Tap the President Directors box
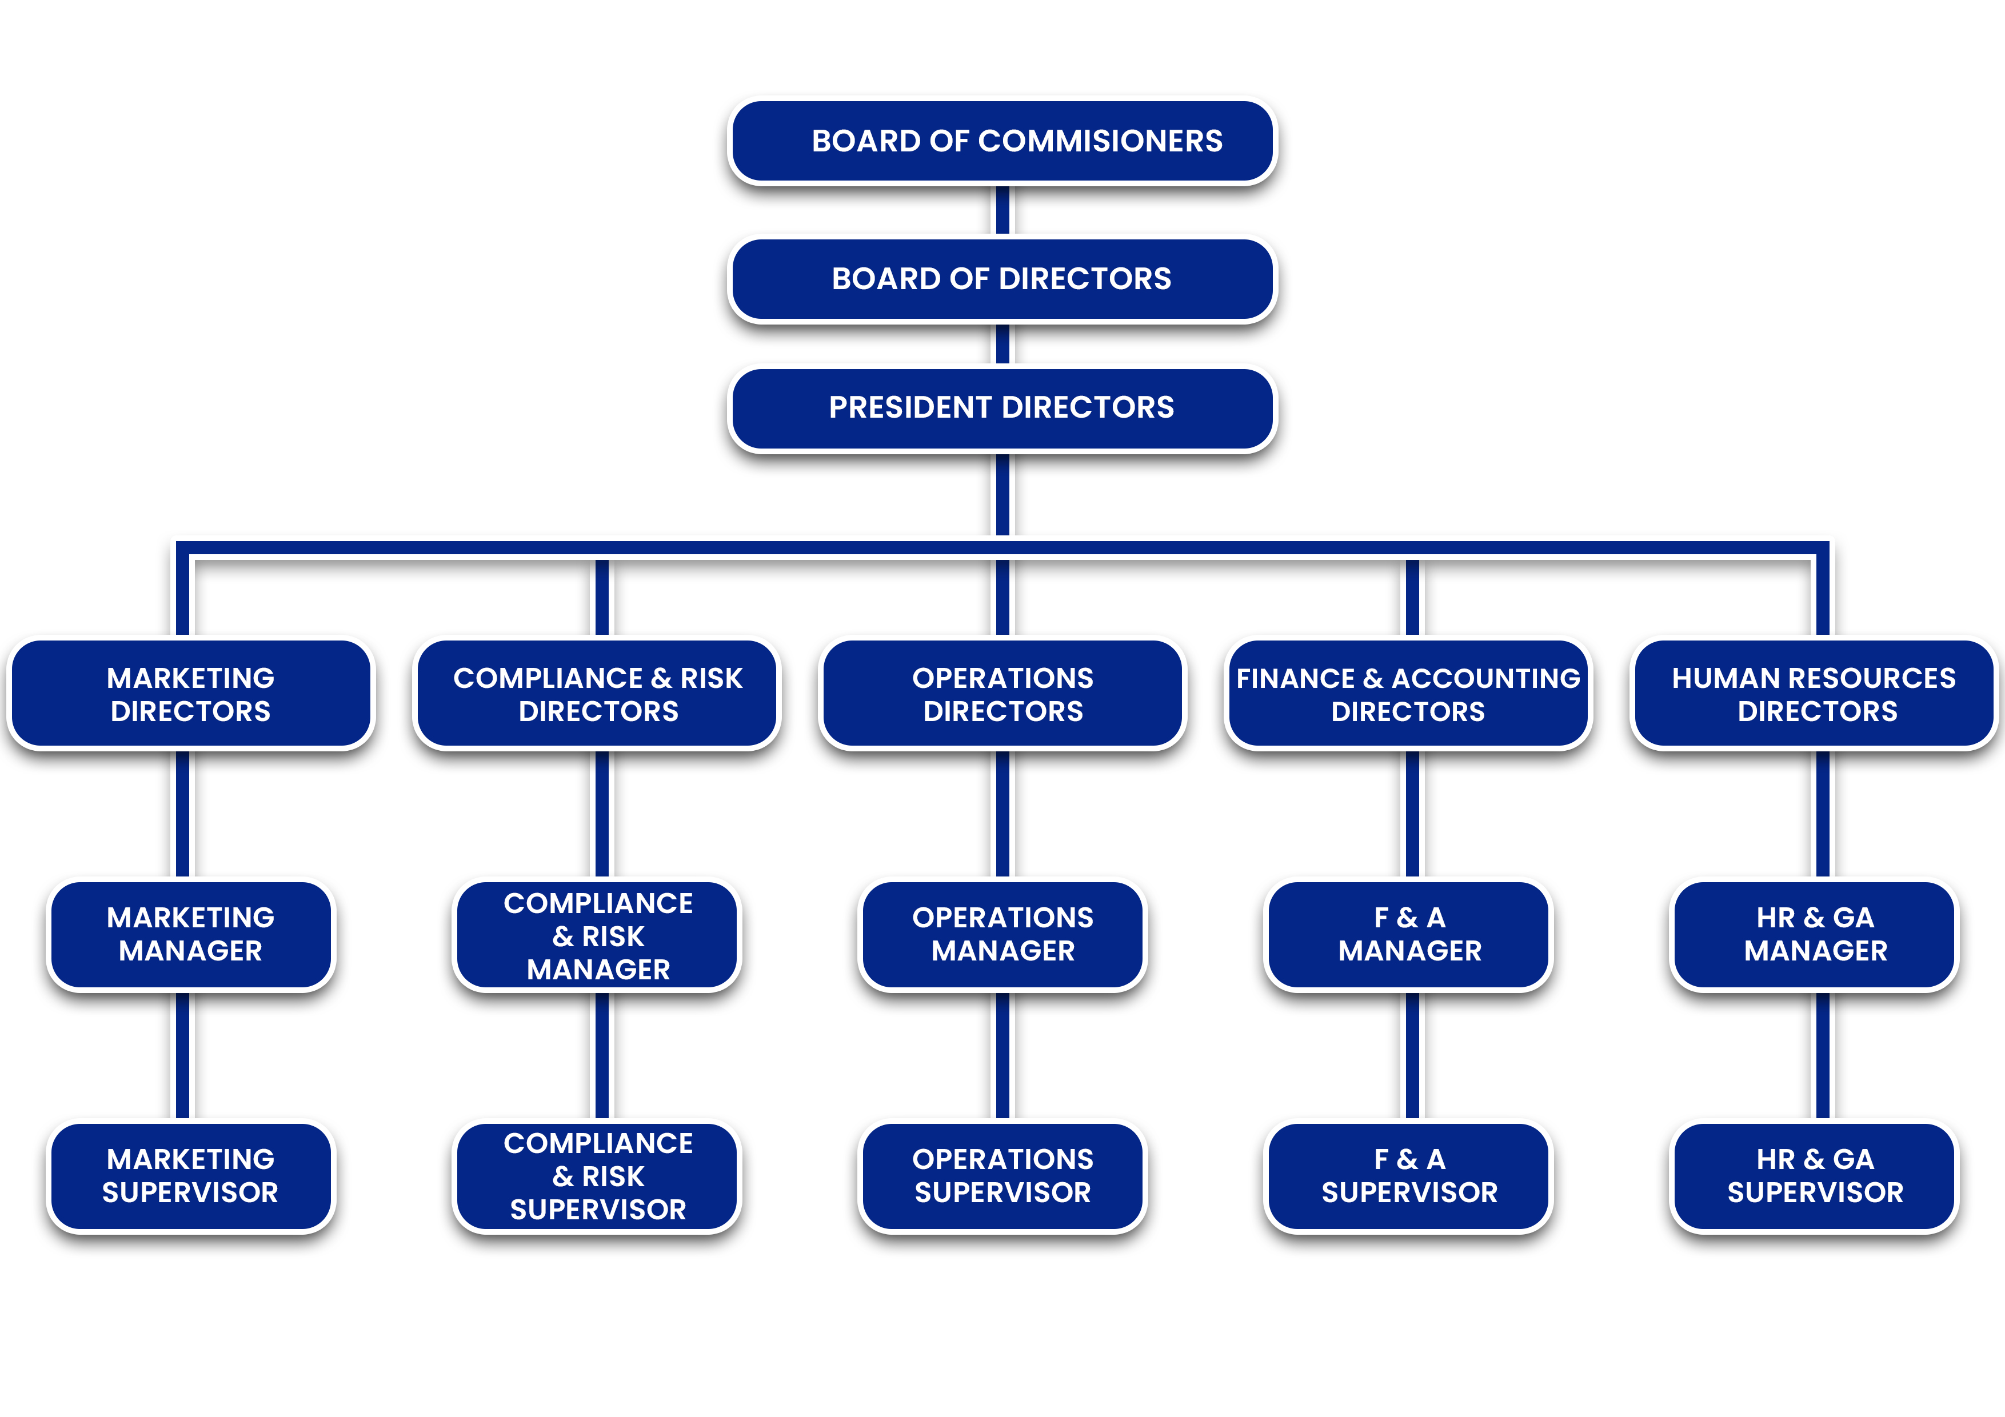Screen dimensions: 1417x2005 click(x=1002, y=408)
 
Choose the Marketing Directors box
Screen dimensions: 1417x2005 click(x=190, y=694)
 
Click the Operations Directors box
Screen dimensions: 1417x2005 click(x=1002, y=694)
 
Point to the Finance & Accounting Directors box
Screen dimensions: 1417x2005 click(x=1408, y=694)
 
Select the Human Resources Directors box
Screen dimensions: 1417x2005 click(x=1815, y=694)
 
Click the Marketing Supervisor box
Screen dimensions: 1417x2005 click(x=190, y=1176)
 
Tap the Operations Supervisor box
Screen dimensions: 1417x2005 click(x=1002, y=1176)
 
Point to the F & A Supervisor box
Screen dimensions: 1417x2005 click(x=1408, y=1176)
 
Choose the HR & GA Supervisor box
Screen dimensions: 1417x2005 click(x=1815, y=1176)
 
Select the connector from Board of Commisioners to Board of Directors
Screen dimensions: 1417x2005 click(x=1002, y=210)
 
